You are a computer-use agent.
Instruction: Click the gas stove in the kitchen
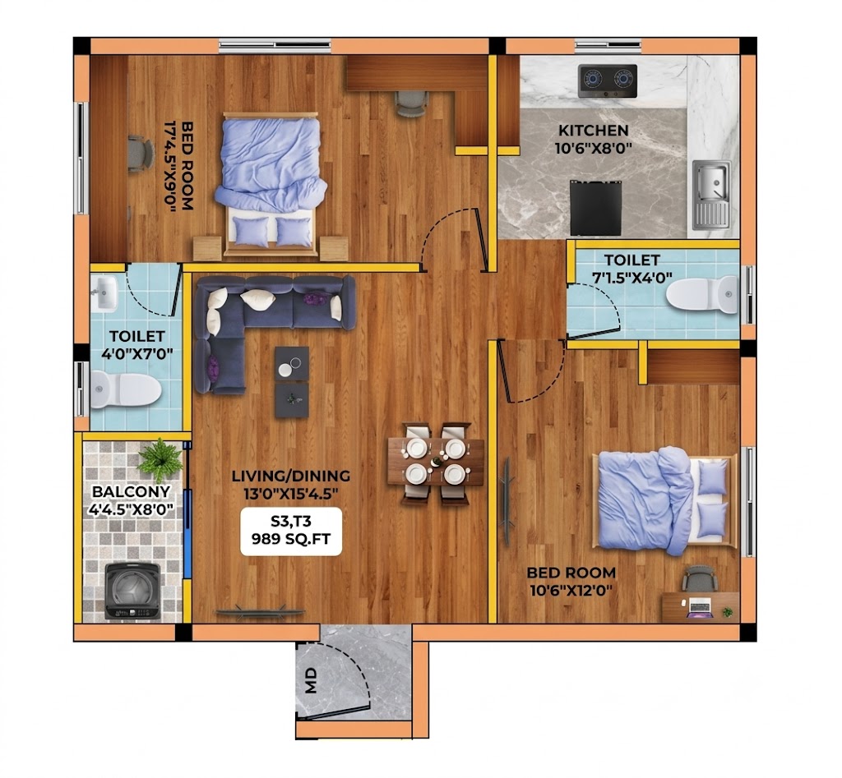point(608,81)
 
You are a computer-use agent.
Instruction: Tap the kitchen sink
point(711,194)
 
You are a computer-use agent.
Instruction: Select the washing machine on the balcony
point(132,591)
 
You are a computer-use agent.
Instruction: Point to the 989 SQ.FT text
point(291,539)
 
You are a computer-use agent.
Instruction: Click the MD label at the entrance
point(311,681)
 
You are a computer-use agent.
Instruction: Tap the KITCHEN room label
point(594,131)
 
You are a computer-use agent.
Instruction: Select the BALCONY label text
point(131,491)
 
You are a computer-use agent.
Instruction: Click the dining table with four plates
point(436,461)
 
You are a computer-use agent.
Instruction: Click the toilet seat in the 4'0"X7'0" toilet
point(126,389)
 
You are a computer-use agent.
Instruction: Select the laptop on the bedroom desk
point(701,606)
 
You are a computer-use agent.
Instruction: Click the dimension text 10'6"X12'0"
point(571,591)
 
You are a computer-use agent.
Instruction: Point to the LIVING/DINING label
point(291,476)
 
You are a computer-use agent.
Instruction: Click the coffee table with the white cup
point(292,363)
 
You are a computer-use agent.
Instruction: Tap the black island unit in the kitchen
point(596,208)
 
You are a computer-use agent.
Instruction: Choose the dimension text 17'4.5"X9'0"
point(170,166)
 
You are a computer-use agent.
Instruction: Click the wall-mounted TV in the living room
point(260,611)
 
